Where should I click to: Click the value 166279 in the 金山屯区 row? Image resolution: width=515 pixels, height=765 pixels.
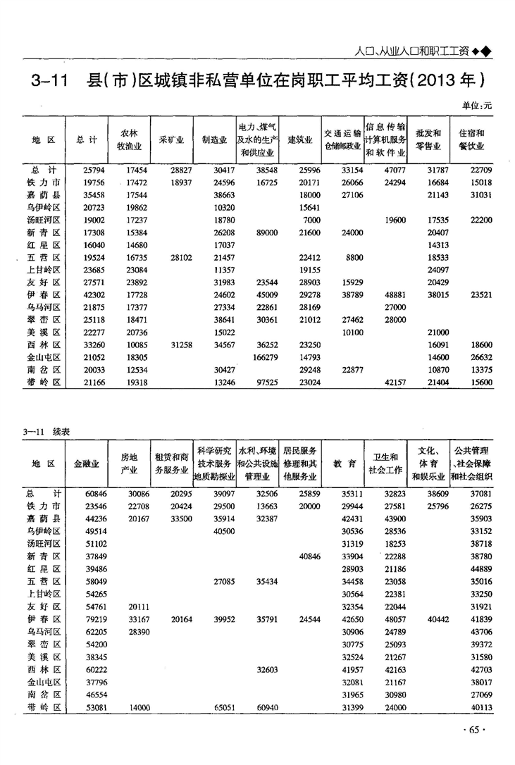coord(259,357)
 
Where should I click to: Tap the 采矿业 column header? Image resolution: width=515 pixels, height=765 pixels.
coord(172,139)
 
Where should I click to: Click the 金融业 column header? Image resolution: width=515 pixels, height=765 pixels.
coord(86,464)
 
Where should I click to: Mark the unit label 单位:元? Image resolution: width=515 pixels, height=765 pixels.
coord(477,104)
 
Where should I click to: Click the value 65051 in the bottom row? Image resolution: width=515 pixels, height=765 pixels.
coord(221,707)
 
